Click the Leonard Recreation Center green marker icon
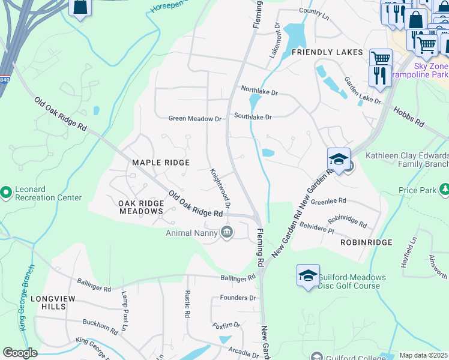tap(6, 192)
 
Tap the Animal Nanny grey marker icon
tap(226, 232)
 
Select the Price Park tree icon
tap(444, 190)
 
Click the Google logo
tap(20, 353)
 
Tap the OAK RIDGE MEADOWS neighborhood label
tap(141, 207)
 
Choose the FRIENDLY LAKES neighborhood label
tap(327, 52)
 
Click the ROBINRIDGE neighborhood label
tap(366, 242)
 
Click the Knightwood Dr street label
tap(220, 187)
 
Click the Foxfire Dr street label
tap(226, 326)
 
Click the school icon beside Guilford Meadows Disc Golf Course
tap(308, 275)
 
